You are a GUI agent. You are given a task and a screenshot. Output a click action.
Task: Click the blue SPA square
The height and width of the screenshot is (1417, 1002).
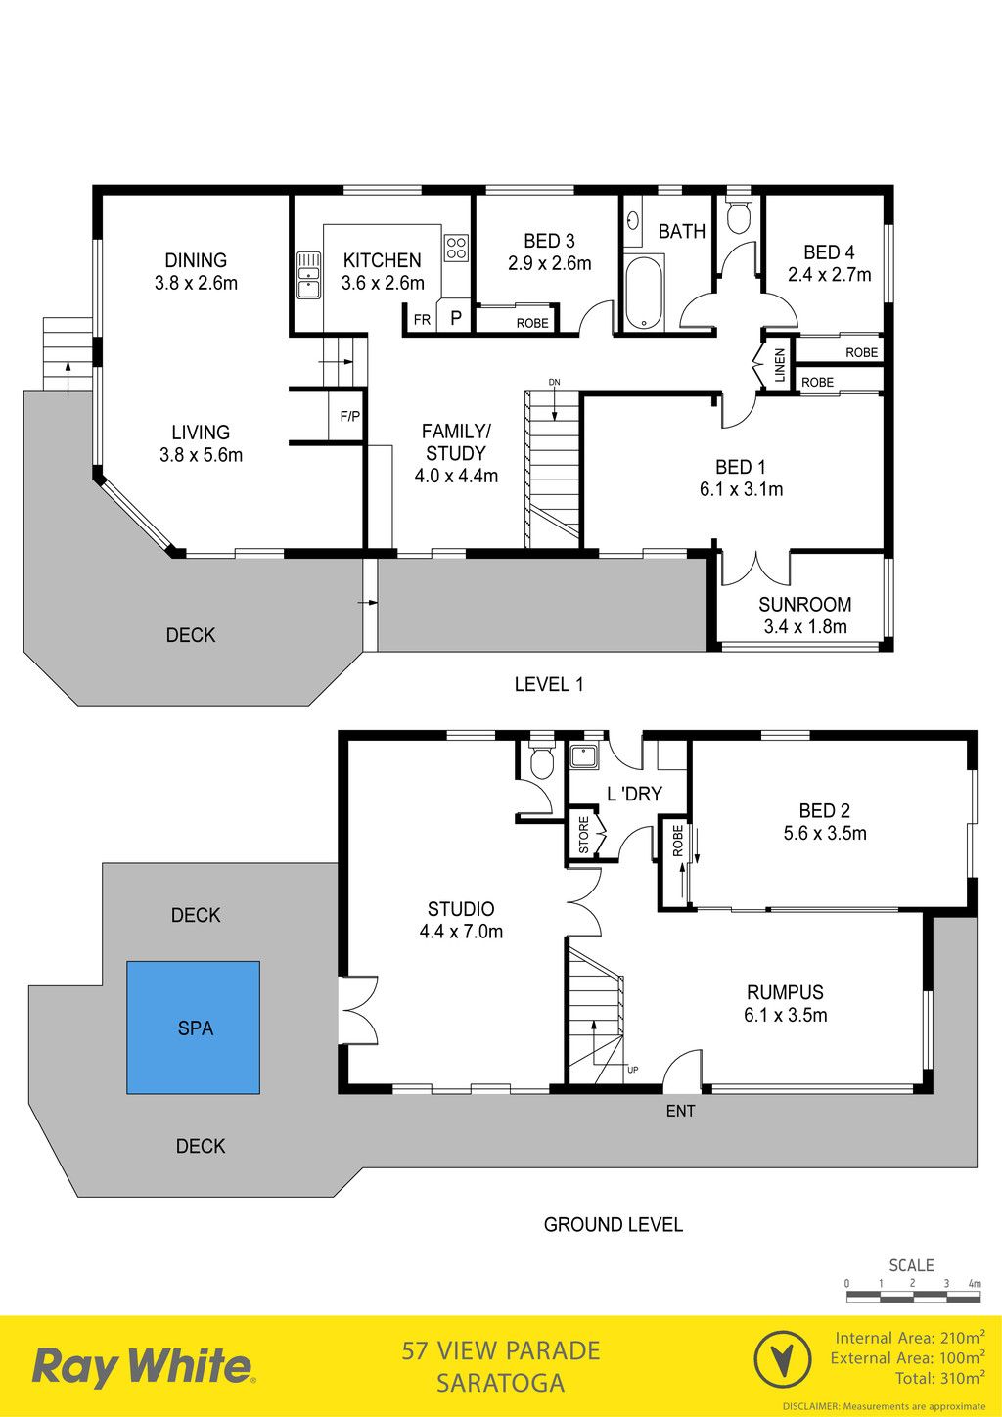pyautogui.click(x=193, y=1028)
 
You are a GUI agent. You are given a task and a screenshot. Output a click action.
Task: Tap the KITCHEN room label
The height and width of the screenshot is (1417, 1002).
pyautogui.click(x=382, y=260)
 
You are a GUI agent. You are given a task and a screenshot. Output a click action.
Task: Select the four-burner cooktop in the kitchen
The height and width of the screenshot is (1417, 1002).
pyautogui.click(x=455, y=248)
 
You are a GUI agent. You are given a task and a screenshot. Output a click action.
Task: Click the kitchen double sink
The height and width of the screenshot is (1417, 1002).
pyautogui.click(x=308, y=275)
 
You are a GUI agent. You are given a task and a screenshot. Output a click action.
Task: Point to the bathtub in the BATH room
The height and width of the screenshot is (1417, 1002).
pyautogui.click(x=644, y=292)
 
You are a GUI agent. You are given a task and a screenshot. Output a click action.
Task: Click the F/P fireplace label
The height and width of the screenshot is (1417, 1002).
pyautogui.click(x=349, y=416)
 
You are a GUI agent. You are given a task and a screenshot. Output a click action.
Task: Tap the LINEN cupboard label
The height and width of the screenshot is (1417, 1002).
pyautogui.click(x=780, y=365)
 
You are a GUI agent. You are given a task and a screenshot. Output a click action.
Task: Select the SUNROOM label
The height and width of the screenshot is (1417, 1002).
pyautogui.click(x=804, y=604)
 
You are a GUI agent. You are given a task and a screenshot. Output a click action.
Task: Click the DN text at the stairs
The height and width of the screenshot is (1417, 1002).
pyautogui.click(x=554, y=382)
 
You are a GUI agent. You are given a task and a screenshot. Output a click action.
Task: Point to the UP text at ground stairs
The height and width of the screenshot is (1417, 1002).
pyautogui.click(x=632, y=1070)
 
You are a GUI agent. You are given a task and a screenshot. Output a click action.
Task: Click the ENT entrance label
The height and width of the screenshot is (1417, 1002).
pyautogui.click(x=681, y=1111)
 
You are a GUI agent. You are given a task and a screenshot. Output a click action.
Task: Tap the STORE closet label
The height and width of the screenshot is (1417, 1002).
pyautogui.click(x=583, y=835)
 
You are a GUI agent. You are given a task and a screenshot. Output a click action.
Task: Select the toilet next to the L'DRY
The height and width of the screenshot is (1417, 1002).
pyautogui.click(x=541, y=759)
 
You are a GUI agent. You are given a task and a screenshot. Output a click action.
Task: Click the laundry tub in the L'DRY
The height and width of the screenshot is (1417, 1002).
pyautogui.click(x=580, y=755)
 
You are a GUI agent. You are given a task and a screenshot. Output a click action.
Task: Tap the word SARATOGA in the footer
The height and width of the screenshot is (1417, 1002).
pyautogui.click(x=500, y=1383)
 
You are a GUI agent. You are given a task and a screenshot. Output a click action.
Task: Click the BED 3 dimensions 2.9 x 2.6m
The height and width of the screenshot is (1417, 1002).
pyautogui.click(x=550, y=263)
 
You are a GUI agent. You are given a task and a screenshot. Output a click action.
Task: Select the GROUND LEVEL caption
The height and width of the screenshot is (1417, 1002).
pyautogui.click(x=613, y=1224)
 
